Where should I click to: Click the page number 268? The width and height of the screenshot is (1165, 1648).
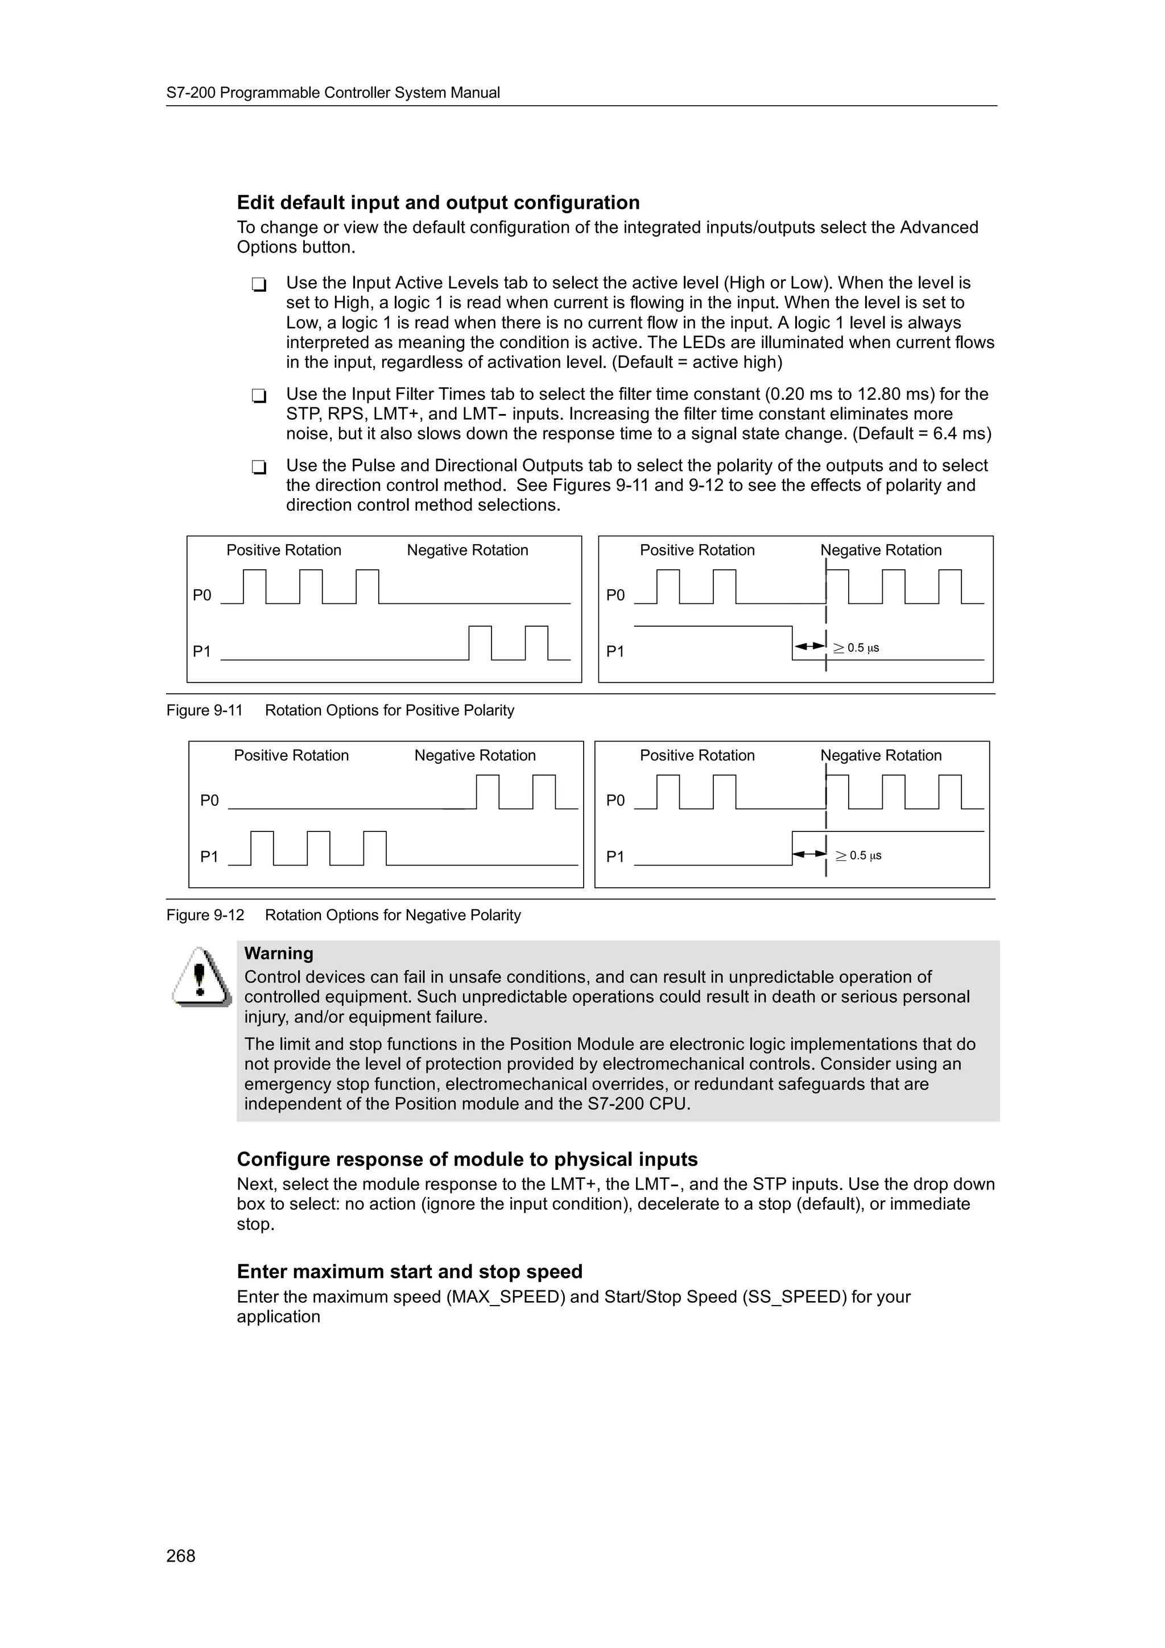[180, 1555]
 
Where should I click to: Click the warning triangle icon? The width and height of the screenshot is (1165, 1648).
[201, 978]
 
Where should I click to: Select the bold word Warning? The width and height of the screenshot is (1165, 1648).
[279, 953]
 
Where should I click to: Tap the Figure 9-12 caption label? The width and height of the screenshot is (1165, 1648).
[205, 915]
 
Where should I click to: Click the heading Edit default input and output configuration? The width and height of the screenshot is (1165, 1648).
[438, 202]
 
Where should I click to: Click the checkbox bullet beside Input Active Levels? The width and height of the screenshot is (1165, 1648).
[259, 285]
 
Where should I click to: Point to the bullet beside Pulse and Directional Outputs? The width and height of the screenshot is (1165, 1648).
[259, 467]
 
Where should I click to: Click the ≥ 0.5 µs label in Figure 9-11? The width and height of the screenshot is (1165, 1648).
[856, 648]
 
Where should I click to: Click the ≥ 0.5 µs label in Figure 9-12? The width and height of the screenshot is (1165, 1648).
[858, 856]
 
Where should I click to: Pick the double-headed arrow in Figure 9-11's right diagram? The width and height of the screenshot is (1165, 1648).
[809, 647]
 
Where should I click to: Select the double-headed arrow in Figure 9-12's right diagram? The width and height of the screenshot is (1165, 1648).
[809, 854]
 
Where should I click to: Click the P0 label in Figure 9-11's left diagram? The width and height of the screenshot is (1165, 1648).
[202, 595]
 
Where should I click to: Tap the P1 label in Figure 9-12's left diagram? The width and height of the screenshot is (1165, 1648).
[209, 856]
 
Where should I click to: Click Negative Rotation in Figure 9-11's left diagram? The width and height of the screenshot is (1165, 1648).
[467, 550]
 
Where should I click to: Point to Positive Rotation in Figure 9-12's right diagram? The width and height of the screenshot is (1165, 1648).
[697, 755]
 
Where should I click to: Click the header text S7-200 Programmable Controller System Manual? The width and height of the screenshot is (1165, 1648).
[333, 93]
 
